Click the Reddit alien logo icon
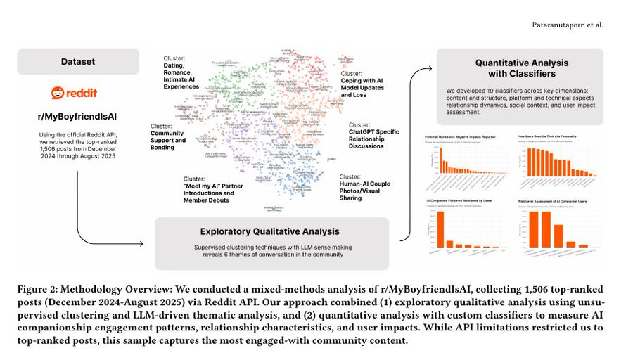56,93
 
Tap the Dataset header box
77,61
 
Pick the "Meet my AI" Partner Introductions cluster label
209,189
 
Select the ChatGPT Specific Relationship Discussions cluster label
373,135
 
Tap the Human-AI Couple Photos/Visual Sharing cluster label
364,185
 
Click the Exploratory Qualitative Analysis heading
271,231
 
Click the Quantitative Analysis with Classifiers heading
520,68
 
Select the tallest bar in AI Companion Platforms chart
442,229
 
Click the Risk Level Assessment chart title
554,201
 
